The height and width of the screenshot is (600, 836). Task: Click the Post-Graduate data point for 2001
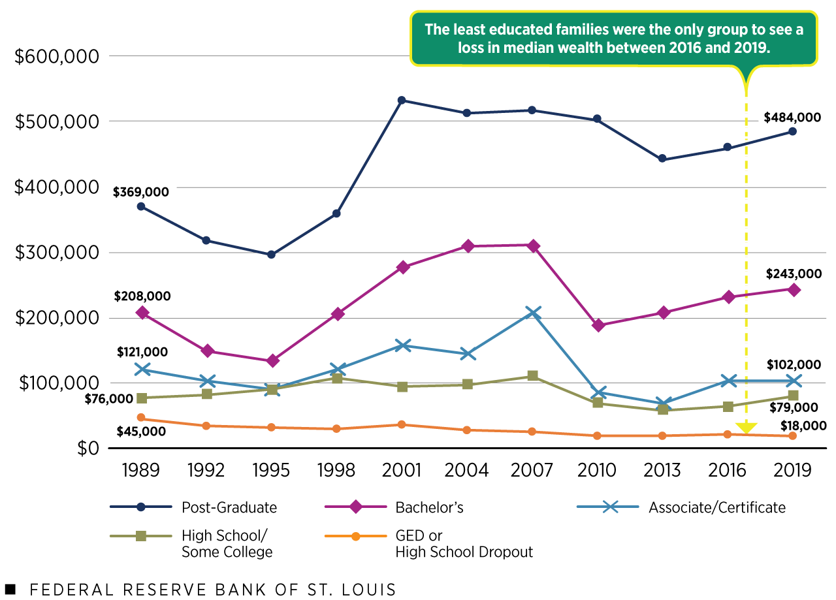pyautogui.click(x=402, y=100)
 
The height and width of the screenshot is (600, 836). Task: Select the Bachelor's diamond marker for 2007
pyautogui.click(x=533, y=245)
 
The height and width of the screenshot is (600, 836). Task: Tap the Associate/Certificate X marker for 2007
pyautogui.click(x=533, y=313)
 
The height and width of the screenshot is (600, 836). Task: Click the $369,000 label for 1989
pyautogui.click(x=140, y=192)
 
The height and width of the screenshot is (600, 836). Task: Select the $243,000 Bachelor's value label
pyautogui.click(x=792, y=274)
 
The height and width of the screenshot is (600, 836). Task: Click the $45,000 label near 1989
pyautogui.click(x=141, y=432)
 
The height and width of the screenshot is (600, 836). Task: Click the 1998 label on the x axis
pyautogui.click(x=336, y=470)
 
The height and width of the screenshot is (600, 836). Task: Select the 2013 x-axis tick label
pyautogui.click(x=662, y=470)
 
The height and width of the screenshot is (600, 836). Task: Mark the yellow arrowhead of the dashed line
pyautogui.click(x=745, y=428)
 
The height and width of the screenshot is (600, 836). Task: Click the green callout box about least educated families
pyautogui.click(x=614, y=38)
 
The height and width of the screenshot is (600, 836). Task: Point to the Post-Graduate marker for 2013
pyautogui.click(x=662, y=159)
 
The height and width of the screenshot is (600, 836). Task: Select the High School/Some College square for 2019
pyautogui.click(x=792, y=396)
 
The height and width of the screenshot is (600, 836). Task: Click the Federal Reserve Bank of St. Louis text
pyautogui.click(x=212, y=590)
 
